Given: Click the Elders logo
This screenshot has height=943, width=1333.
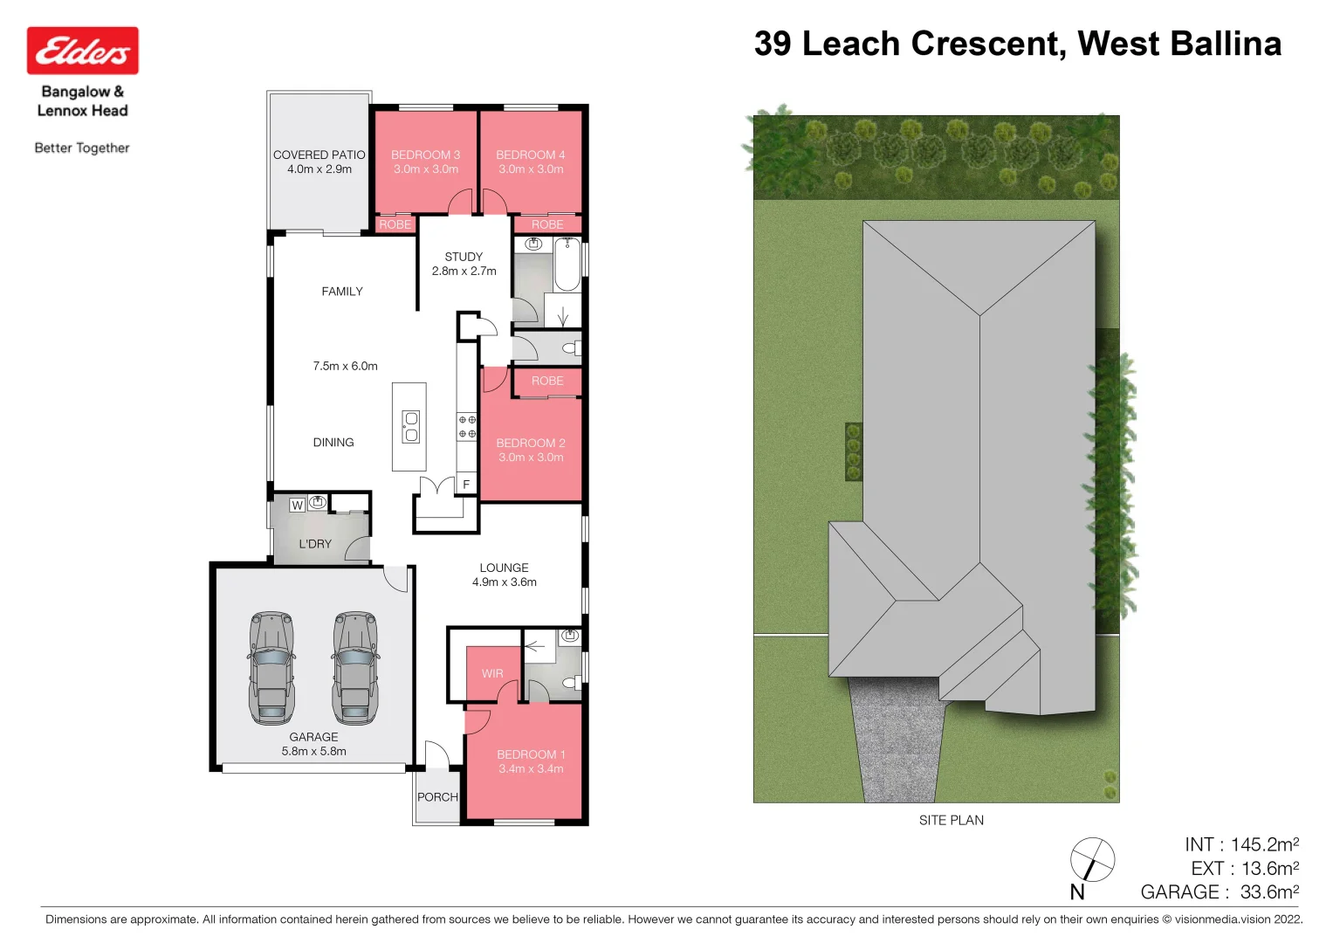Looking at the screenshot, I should (82, 51).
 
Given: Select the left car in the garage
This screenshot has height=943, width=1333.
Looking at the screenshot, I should (271, 668).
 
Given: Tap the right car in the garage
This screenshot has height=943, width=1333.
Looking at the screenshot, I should (355, 668).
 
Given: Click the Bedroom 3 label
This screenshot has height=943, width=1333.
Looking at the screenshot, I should (425, 155).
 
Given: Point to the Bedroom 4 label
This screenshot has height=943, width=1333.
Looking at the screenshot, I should (531, 155).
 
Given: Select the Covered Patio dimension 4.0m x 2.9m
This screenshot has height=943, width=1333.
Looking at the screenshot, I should (320, 169).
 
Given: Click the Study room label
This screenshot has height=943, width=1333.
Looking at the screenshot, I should (464, 257).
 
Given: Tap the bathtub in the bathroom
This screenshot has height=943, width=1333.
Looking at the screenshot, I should (567, 265).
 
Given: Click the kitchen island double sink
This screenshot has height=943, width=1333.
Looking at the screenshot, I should (410, 427).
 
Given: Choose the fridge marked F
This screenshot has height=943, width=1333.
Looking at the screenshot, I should (466, 485).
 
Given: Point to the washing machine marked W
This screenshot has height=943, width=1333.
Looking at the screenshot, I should (297, 505).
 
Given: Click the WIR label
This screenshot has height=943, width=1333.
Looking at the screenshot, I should (492, 673).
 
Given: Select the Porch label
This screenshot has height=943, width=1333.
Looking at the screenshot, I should (437, 797).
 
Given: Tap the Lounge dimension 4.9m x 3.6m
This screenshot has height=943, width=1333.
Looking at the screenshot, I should (505, 582).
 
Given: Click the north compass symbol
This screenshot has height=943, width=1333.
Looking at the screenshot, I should (1092, 859).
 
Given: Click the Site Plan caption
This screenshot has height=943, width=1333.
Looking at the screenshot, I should (951, 820).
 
